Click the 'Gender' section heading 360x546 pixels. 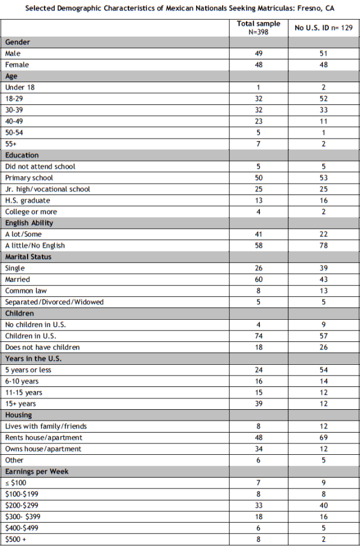[17, 43]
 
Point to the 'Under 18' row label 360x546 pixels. [19, 88]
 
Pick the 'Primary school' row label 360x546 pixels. [29, 178]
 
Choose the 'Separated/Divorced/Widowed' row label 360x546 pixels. [54, 302]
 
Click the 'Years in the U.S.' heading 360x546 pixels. [33, 358]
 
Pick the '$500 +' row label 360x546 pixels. [16, 539]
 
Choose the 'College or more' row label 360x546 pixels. [31, 212]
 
